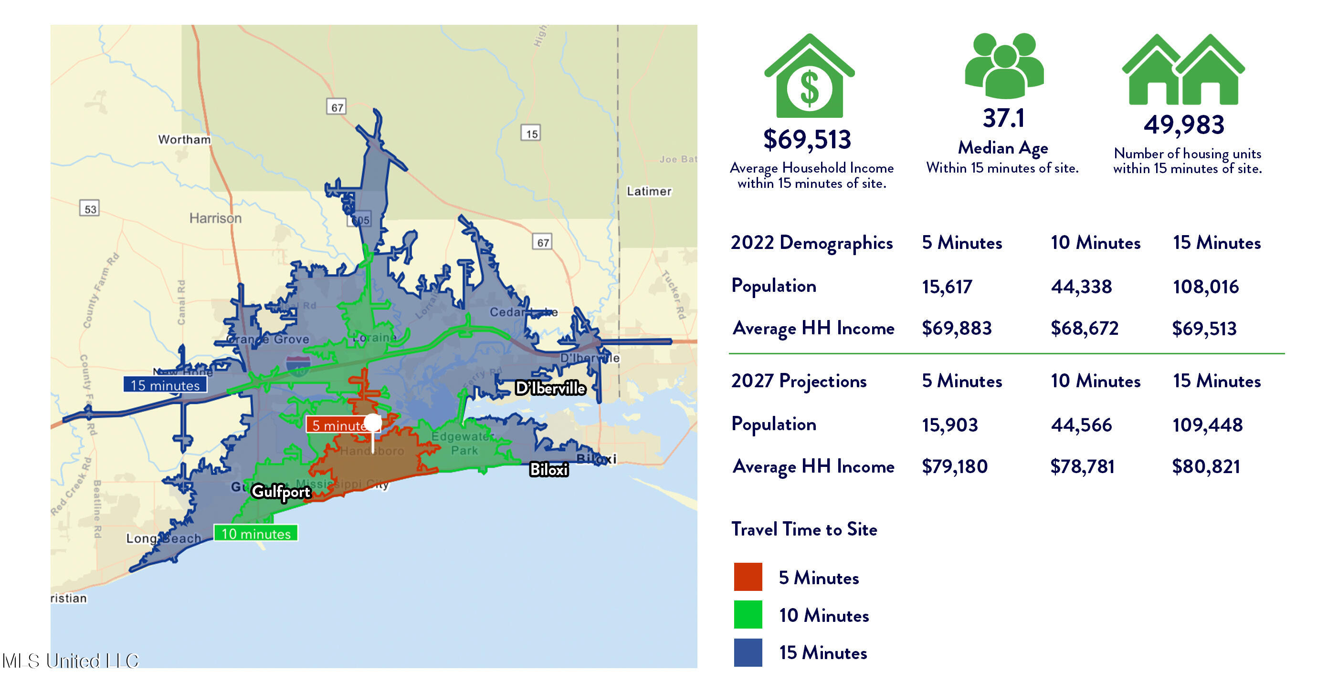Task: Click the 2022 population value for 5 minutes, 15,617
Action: click(x=947, y=287)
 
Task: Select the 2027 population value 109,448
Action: click(x=1207, y=425)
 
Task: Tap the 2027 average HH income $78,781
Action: click(x=1082, y=467)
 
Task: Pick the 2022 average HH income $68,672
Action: click(x=1084, y=328)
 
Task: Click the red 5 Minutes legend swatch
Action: click(x=748, y=577)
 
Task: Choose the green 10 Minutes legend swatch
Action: click(x=748, y=615)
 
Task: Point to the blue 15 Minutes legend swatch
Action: click(x=748, y=652)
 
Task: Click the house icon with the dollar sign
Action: click(x=809, y=78)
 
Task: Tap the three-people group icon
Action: click(x=1004, y=65)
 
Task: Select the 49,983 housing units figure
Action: click(x=1184, y=125)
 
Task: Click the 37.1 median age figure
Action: click(x=1003, y=118)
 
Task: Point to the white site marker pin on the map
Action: click(x=372, y=423)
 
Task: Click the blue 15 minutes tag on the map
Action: click(x=165, y=385)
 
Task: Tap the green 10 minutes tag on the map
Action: click(x=255, y=533)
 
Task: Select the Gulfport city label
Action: click(x=281, y=491)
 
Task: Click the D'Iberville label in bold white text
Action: click(x=550, y=388)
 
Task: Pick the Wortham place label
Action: click(x=184, y=139)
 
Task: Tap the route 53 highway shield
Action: click(x=90, y=209)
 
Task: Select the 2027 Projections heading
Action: click(x=798, y=381)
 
